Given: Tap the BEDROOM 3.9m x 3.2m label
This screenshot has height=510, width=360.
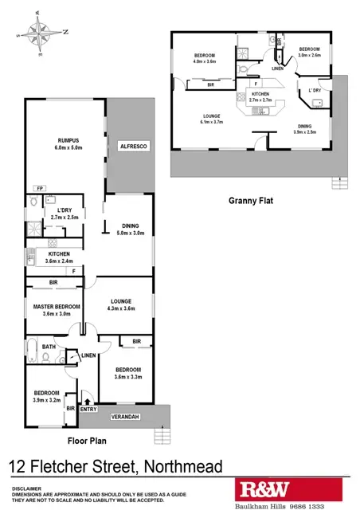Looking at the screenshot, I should coord(46,396).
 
